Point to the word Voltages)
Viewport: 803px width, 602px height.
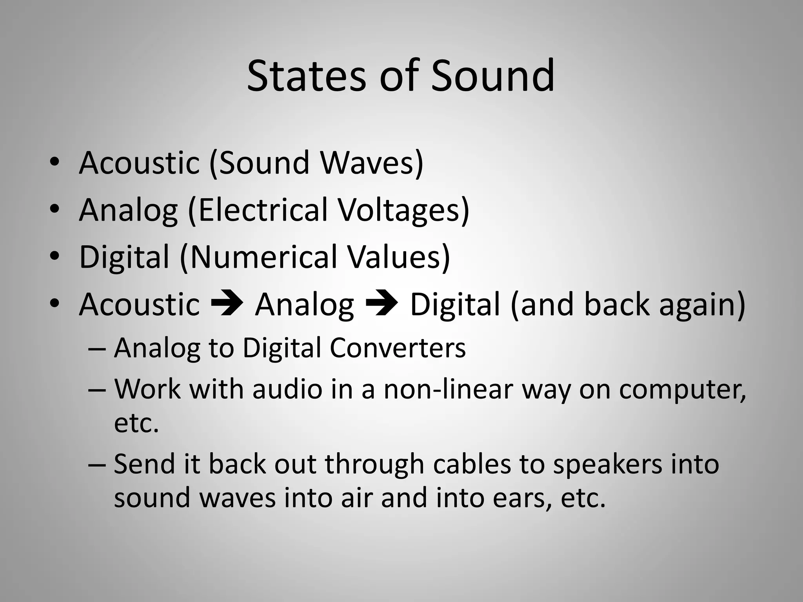404,210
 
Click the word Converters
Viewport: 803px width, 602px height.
398,348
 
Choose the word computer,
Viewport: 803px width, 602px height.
682,390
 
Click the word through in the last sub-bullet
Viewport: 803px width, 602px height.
375,465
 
